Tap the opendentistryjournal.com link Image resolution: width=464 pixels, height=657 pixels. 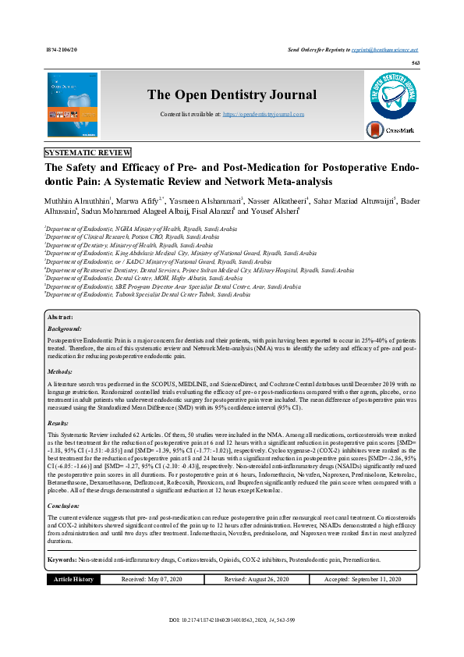(264, 114)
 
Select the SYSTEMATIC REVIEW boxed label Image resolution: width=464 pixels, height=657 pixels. (88, 153)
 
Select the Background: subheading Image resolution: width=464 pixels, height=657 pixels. (65, 329)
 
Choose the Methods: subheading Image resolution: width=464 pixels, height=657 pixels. (60, 371)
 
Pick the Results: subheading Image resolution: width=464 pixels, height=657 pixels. (59, 421)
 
